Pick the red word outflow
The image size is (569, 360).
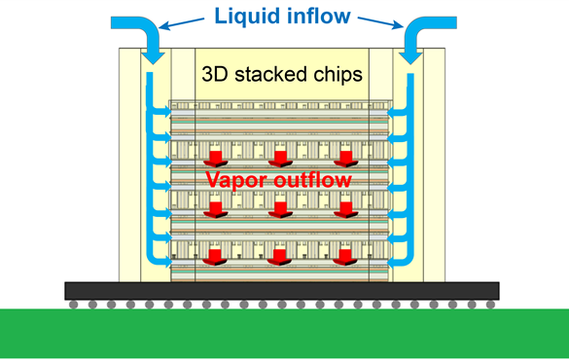tap(314, 180)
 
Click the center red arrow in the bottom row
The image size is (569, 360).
tap(279, 258)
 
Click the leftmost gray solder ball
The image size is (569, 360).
tap(74, 304)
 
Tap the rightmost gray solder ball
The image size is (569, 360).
tap(489, 304)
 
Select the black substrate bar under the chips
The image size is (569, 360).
tap(282, 290)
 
